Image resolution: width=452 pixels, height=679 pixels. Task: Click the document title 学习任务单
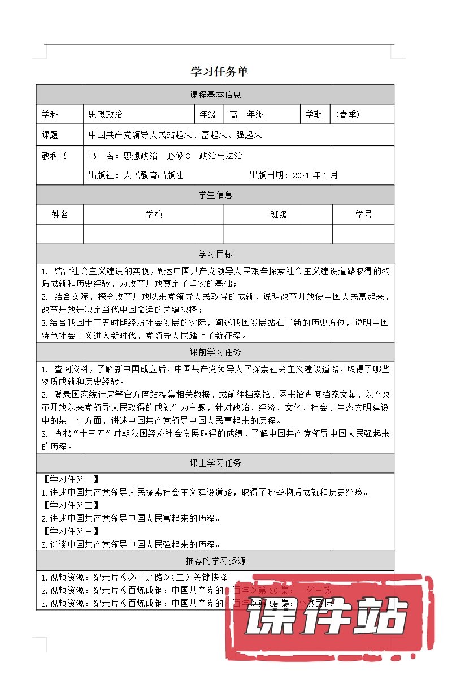tap(219, 72)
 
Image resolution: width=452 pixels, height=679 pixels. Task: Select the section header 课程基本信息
tap(215, 95)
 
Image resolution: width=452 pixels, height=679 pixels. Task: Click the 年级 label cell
tap(208, 115)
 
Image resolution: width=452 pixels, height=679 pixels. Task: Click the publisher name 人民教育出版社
tap(153, 175)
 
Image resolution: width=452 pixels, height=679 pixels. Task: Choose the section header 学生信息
tap(215, 195)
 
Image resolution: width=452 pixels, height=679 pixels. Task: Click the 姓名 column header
tap(60, 215)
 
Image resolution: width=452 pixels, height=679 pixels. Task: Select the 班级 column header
tap(279, 215)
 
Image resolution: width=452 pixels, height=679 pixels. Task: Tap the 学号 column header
tap(363, 215)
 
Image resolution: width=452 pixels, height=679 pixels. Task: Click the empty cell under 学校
tap(154, 234)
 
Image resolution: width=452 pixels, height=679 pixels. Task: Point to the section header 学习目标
tap(215, 254)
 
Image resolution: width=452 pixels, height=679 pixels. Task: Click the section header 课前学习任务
tap(215, 353)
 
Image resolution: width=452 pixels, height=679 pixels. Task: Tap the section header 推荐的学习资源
tap(215, 561)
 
